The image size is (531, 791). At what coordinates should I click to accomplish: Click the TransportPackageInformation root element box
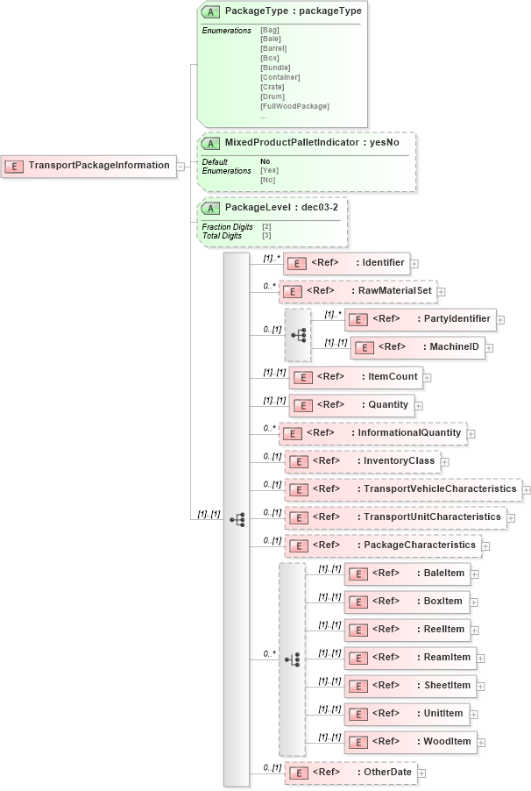(88, 166)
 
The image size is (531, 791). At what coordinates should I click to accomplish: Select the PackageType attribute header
(280, 11)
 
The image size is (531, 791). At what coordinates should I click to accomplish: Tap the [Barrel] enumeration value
(273, 48)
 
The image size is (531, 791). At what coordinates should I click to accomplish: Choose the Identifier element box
(346, 262)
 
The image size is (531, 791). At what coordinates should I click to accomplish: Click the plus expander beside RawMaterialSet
(442, 291)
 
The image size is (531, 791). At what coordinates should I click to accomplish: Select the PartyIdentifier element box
(421, 319)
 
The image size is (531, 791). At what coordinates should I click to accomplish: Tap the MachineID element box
(417, 347)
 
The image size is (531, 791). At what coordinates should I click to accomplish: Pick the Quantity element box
(351, 405)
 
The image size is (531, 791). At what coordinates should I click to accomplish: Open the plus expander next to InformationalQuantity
(471, 433)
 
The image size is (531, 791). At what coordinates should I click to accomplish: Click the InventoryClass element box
(362, 461)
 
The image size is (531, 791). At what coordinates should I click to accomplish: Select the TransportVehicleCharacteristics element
(403, 489)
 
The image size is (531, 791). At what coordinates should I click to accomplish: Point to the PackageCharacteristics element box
(382, 545)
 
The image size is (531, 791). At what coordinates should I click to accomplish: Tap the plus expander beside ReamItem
(480, 658)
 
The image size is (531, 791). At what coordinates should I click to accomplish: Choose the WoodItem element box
(410, 742)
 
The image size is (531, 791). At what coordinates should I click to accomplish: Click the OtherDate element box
(350, 773)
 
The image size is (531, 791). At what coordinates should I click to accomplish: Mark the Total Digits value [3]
(266, 236)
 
